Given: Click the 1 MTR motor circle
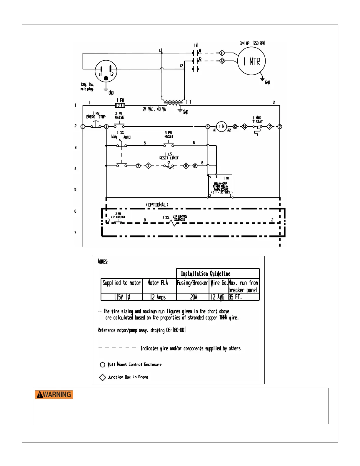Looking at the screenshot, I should tap(251, 61).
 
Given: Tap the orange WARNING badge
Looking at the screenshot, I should tap(54, 395).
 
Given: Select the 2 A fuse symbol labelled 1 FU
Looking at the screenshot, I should tap(120, 105).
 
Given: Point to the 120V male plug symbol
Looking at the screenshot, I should tap(106, 71).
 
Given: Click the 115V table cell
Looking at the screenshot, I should tap(122, 297).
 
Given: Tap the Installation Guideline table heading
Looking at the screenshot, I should tap(206, 274).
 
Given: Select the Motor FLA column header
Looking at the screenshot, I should tap(158, 283).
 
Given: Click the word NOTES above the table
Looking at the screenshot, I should tap(103, 262).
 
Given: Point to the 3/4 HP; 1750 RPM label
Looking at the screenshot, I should tap(252, 43).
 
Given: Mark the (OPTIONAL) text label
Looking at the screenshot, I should tap(157, 204).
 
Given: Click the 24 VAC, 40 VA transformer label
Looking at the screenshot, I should tap(154, 109).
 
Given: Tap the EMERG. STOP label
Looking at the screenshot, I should tap(96, 117).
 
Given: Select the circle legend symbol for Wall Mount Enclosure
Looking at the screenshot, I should tap(103, 365).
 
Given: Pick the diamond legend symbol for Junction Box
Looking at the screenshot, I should tap(102, 377).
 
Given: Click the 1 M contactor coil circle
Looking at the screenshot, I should tap(221, 127).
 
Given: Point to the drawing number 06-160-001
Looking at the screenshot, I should tap(176, 330).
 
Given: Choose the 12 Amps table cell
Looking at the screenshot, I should tap(158, 297).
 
